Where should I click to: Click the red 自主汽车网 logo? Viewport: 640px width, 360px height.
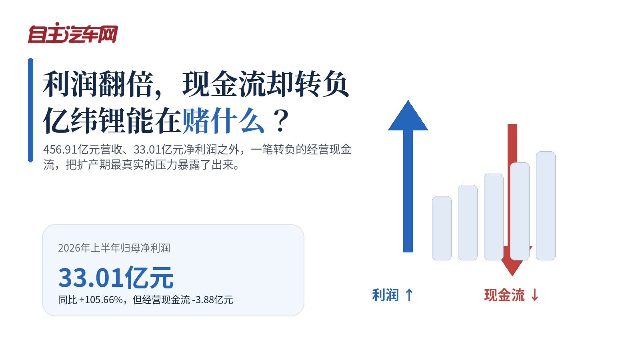73,33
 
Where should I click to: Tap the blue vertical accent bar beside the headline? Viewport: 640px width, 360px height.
30,110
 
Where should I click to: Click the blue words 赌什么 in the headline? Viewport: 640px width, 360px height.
223,120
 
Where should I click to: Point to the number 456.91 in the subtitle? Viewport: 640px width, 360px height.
60,150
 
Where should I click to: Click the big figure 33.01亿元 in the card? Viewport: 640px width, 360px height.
116,278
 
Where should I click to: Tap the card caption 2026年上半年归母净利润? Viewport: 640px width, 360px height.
114,248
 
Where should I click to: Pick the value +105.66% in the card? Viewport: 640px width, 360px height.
101,300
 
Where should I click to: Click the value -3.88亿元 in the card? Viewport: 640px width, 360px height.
213,300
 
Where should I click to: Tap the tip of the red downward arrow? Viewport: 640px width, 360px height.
512,276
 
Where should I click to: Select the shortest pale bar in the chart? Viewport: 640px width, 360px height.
442,228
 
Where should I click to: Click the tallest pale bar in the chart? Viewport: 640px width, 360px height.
546,206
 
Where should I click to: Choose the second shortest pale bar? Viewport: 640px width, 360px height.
468,222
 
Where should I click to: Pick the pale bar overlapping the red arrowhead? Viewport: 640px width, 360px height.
520,212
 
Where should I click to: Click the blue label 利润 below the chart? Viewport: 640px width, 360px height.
386,295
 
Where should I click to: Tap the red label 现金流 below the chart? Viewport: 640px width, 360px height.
504,295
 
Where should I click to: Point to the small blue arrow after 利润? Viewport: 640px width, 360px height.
409,295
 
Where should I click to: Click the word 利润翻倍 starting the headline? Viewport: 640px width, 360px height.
98,84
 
